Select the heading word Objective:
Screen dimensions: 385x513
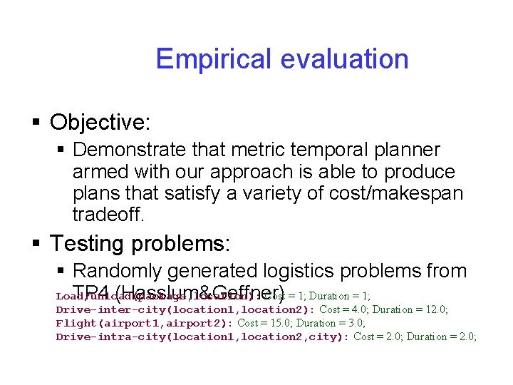click(100, 122)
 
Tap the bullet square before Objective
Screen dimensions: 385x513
click(37, 123)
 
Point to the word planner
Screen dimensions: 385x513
click(404, 150)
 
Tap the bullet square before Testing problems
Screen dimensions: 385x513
click(37, 244)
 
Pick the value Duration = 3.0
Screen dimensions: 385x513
click(324, 323)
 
